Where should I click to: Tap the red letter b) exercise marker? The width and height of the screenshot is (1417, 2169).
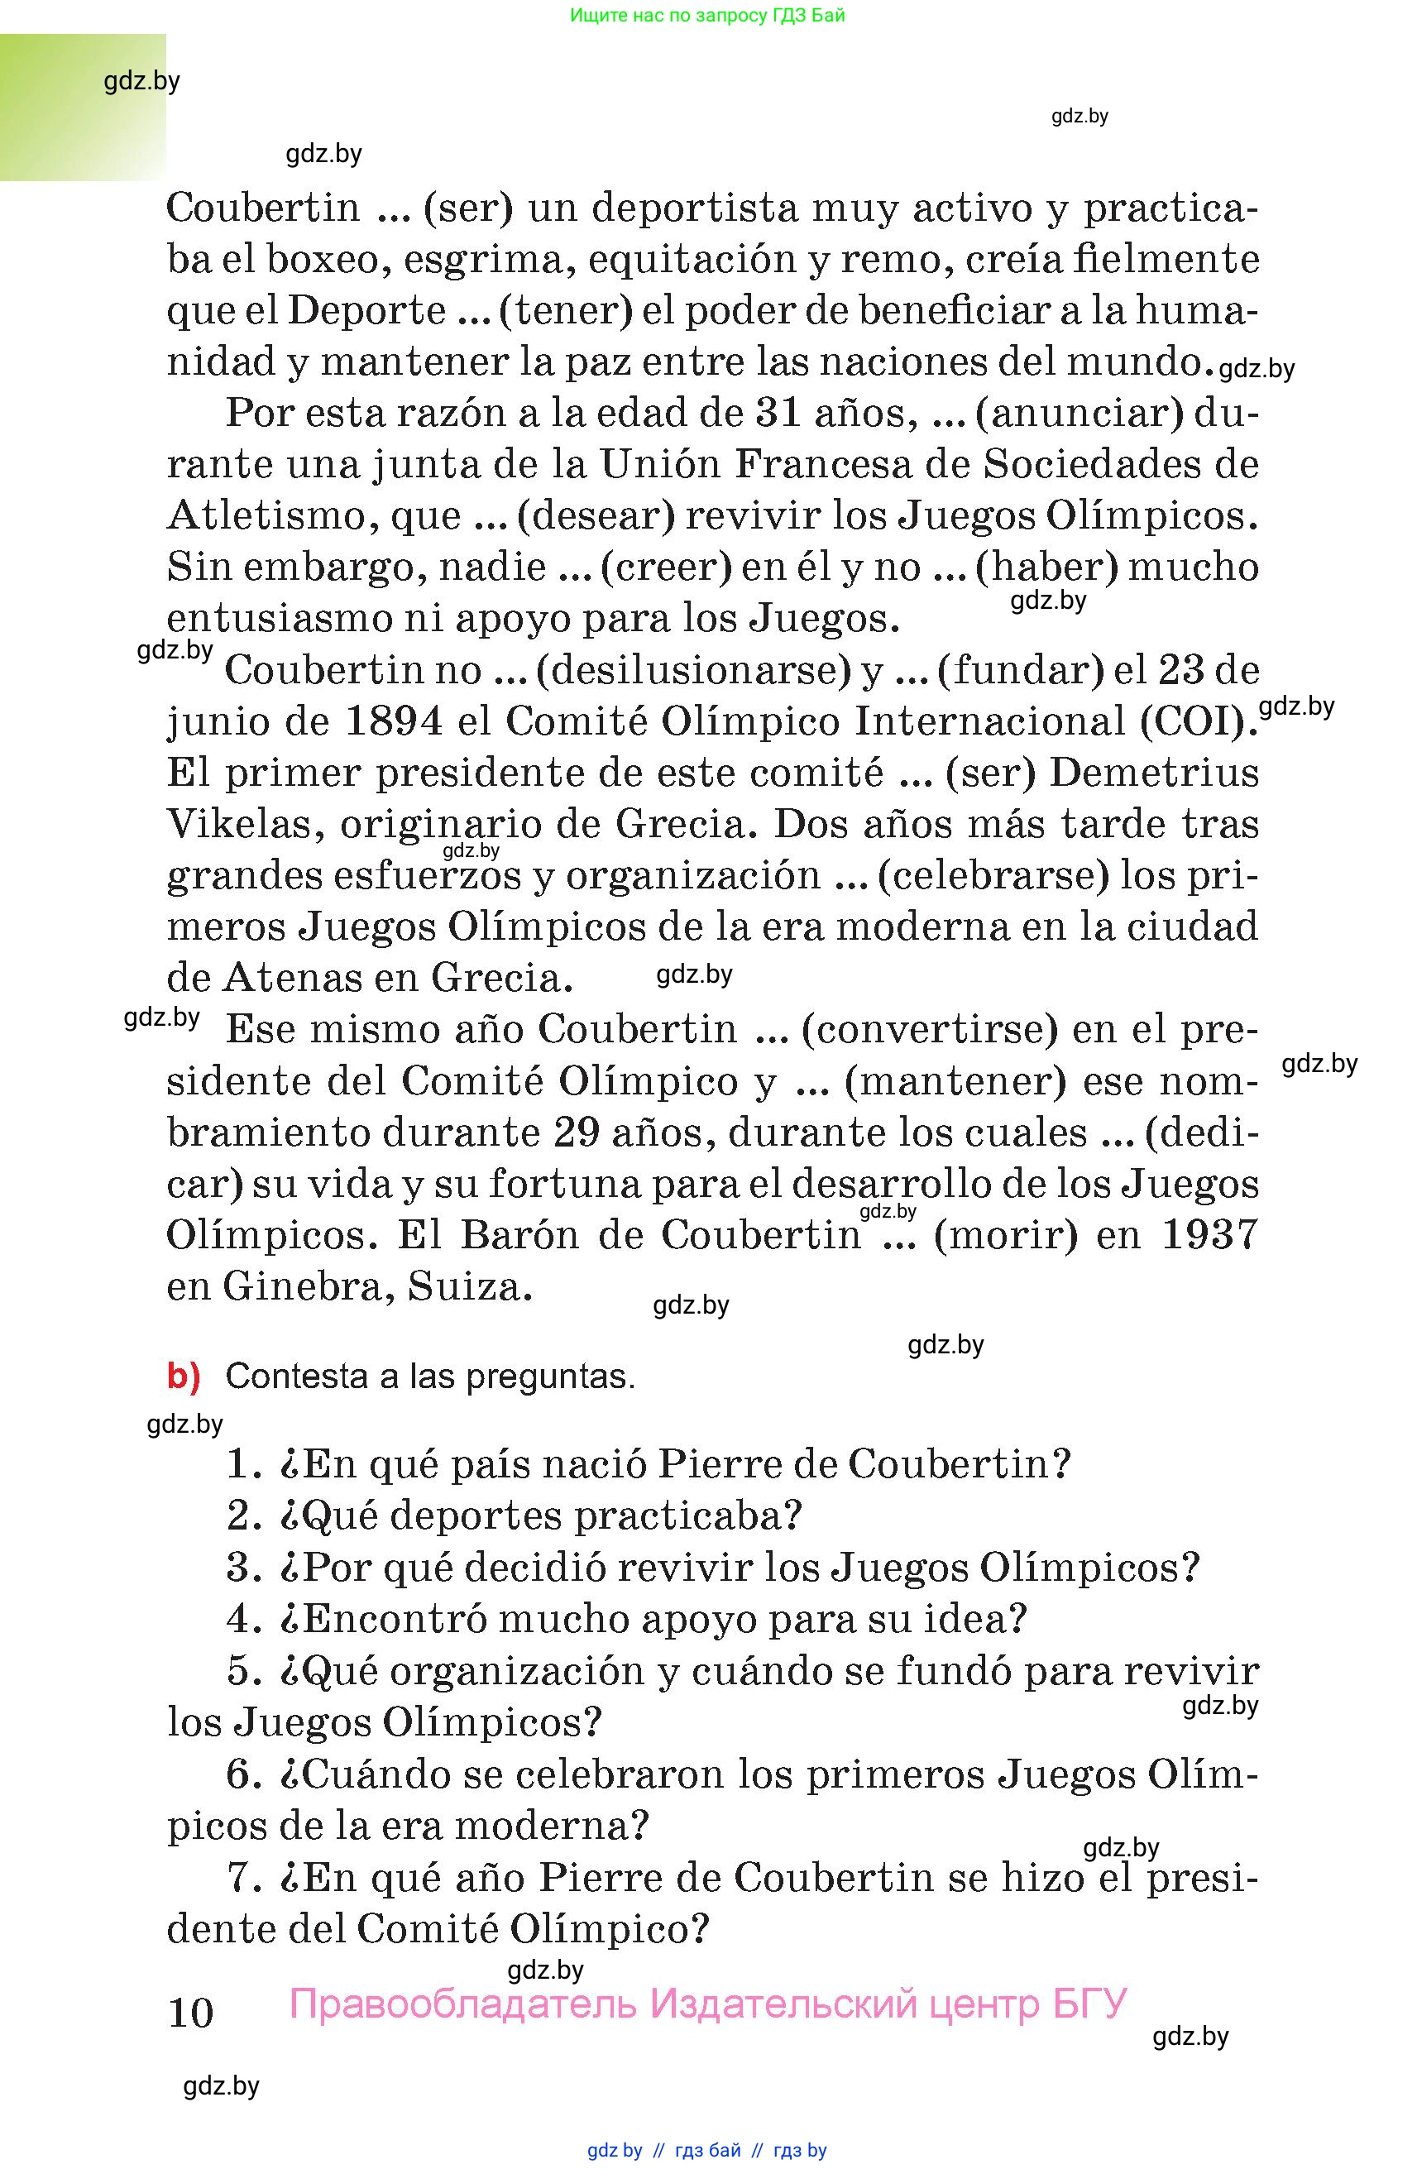(183, 1377)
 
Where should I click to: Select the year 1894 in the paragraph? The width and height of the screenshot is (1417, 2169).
(395, 722)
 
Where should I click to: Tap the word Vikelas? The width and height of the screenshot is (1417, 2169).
(244, 825)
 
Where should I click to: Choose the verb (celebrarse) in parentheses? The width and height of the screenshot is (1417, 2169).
(993, 876)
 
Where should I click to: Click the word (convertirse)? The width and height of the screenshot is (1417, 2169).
(929, 1030)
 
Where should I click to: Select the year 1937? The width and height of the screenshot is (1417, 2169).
(1210, 1235)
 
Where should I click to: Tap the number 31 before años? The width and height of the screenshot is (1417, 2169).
(778, 414)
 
